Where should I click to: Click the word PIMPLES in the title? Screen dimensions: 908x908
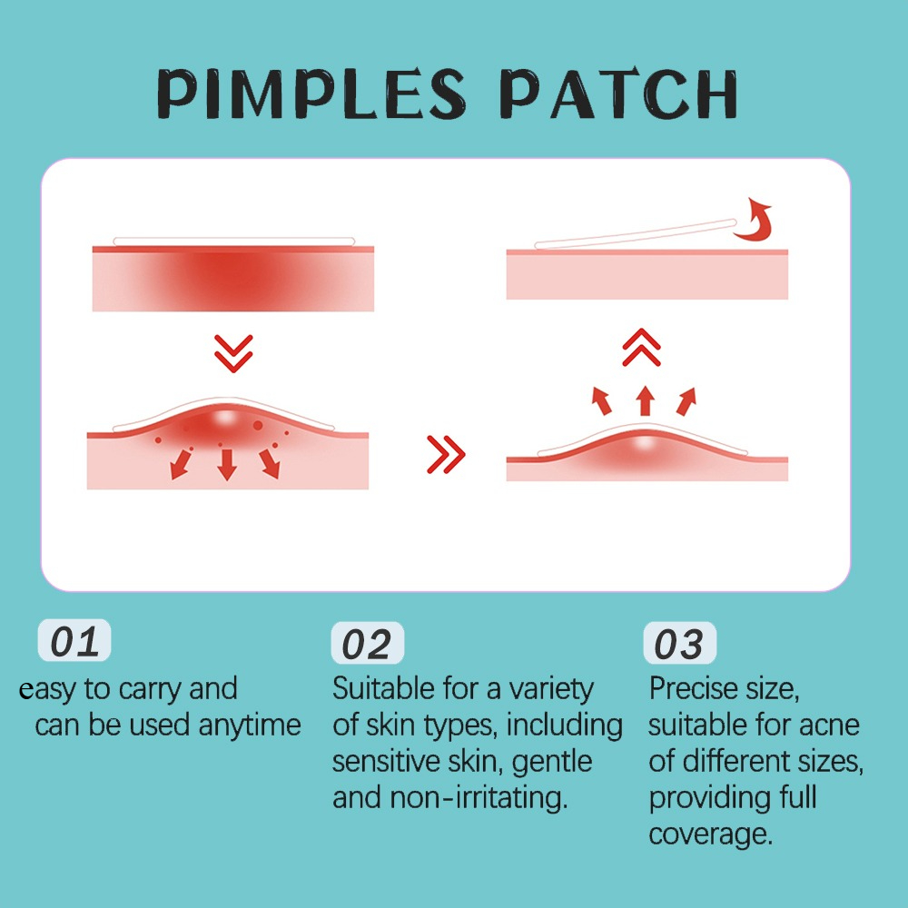coord(311,94)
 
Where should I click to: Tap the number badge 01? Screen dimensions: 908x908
coord(74,640)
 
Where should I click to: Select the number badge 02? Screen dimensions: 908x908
coord(367,643)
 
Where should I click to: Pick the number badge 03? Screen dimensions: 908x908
coord(679,643)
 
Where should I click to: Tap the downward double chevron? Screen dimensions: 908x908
coord(233,353)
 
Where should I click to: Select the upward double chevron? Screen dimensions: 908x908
coord(642,348)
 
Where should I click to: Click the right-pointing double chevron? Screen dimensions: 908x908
coord(446,455)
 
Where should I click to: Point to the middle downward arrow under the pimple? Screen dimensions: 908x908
coord(226,464)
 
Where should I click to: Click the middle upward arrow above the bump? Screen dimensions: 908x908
coord(645,400)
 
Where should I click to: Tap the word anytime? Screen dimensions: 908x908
coord(250,725)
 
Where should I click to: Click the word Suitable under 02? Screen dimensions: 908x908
coord(384,689)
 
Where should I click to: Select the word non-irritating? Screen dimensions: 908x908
coord(479,797)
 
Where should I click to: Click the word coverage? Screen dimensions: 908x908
coord(711,834)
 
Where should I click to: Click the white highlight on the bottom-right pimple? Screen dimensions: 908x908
coord(645,444)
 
